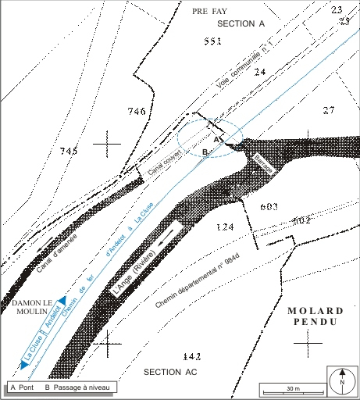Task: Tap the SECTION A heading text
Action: coord(241,24)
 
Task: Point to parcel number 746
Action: coord(137,112)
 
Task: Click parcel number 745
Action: coord(68,150)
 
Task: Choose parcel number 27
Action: coord(328,109)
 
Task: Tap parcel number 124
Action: coord(225,227)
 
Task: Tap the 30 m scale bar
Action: coord(289,389)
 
